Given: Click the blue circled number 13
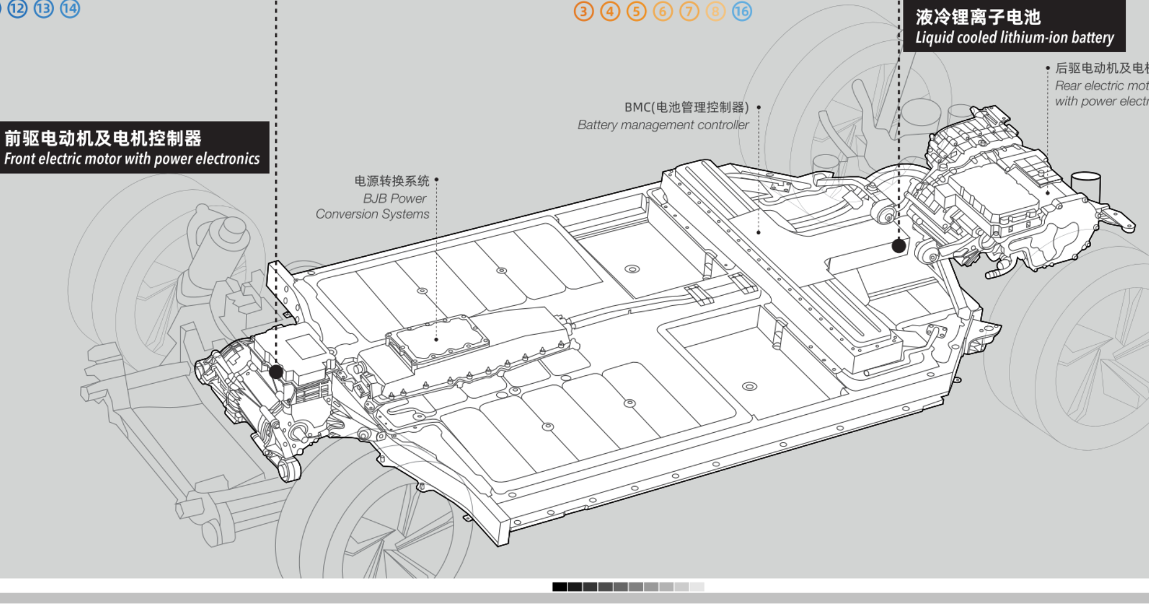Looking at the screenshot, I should (x=44, y=8).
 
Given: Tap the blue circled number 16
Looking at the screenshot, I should (x=741, y=11).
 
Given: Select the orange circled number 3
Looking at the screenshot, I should (x=583, y=11).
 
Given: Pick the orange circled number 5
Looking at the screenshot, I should (x=636, y=11).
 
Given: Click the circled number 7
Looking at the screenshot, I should (x=689, y=11).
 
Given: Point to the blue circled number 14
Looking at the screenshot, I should (x=70, y=8).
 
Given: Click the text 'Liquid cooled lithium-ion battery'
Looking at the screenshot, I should (x=1014, y=38).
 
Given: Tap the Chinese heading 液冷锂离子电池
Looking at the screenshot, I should (x=978, y=17).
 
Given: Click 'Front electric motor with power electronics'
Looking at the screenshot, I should (x=132, y=159).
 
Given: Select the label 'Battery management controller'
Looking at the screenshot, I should (x=662, y=125).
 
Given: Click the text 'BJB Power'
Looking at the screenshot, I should (x=394, y=198).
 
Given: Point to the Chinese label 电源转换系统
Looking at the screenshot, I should (x=391, y=181).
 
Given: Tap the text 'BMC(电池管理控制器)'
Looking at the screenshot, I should (x=686, y=107).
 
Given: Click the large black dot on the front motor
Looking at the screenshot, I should (x=276, y=372).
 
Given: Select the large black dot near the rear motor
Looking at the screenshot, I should (x=899, y=245).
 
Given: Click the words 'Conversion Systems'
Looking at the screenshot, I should (x=372, y=214).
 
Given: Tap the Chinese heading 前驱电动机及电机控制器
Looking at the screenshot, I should (x=103, y=138).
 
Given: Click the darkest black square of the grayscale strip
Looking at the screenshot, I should (x=560, y=587).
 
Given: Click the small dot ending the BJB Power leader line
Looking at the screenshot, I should (x=436, y=339).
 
